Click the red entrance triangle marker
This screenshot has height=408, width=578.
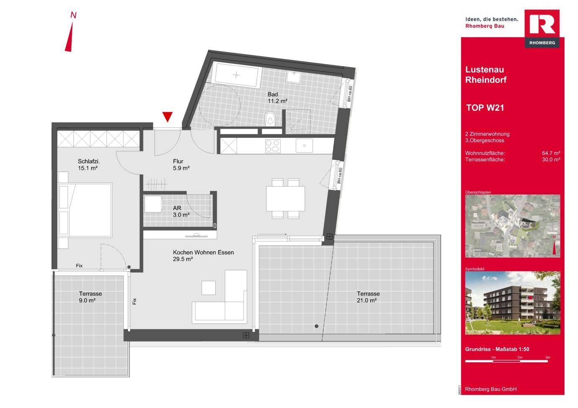pyautogui.click(x=168, y=117)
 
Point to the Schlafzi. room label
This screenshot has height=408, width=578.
pyautogui.click(x=88, y=162)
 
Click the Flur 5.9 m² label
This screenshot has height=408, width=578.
pyautogui.click(x=181, y=164)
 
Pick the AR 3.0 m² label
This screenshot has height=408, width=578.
pyautogui.click(x=181, y=211)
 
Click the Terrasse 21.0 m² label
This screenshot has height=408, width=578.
pyautogui.click(x=368, y=297)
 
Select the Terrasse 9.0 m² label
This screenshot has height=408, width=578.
pyautogui.click(x=90, y=297)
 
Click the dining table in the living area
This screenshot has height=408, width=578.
pyautogui.click(x=285, y=199)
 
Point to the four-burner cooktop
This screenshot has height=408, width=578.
pyautogui.click(x=272, y=146)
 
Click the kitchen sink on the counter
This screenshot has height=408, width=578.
pyautogui.click(x=304, y=146)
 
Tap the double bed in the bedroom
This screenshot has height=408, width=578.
pyautogui.click(x=85, y=210)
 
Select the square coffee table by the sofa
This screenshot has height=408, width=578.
pyautogui.click(x=209, y=288)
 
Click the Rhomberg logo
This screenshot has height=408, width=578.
pyautogui.click(x=542, y=28)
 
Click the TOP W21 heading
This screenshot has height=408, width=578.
pyautogui.click(x=485, y=108)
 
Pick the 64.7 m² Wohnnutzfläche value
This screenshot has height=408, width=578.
pyautogui.click(x=551, y=153)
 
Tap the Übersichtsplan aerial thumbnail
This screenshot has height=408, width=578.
pyautogui.click(x=513, y=226)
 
